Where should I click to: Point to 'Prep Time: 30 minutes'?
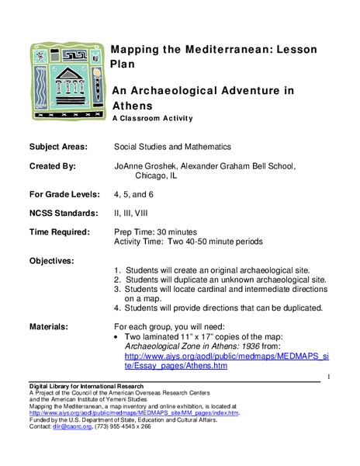(156, 231)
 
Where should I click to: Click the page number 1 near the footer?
(330, 377)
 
